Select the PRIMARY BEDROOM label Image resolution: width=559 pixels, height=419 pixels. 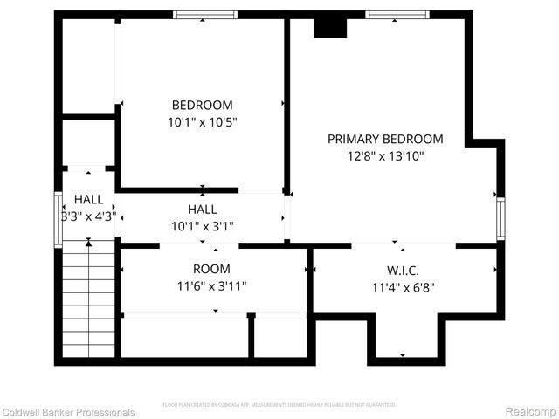[x=385, y=139]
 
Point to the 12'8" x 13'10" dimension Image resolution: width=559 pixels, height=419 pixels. [x=385, y=156]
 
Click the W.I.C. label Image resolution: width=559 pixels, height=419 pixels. [x=403, y=269]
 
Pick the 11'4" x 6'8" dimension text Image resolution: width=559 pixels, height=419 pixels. [x=403, y=286]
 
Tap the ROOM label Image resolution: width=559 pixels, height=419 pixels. [x=212, y=269]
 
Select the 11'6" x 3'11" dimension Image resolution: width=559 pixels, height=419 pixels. [x=212, y=286]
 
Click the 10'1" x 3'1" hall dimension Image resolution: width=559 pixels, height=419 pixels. [x=203, y=226]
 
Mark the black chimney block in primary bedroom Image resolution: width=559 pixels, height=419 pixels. [x=330, y=27]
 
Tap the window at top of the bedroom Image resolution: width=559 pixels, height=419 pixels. [x=205, y=15]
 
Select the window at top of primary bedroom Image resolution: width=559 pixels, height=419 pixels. [x=397, y=15]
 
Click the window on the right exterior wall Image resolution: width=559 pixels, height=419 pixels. [x=501, y=219]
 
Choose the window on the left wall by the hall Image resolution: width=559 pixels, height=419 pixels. [x=59, y=218]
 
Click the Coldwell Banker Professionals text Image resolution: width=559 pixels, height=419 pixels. [x=68, y=412]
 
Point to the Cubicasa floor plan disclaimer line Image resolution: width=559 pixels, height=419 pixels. [x=279, y=405]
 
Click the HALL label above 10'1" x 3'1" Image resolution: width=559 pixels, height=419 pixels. [x=203, y=209]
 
